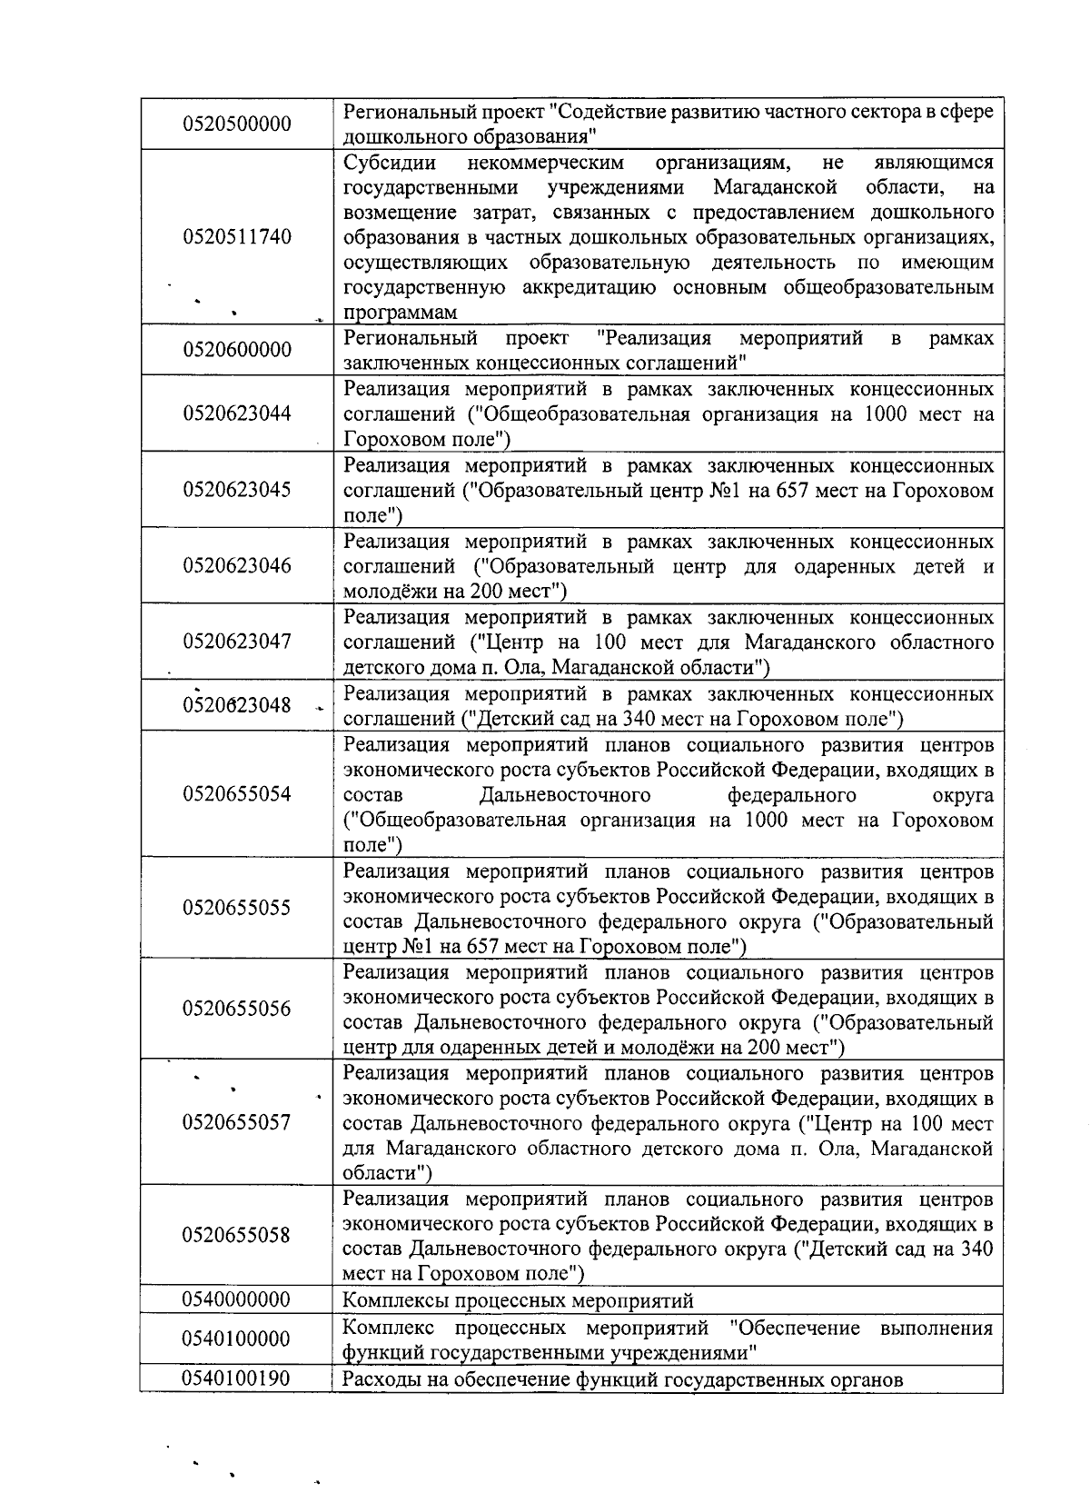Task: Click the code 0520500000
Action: tap(237, 124)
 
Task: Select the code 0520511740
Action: tap(237, 237)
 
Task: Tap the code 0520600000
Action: tap(237, 350)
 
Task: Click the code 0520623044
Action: tap(237, 413)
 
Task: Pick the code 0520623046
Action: tap(237, 566)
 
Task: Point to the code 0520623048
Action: tap(237, 705)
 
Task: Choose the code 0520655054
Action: tap(237, 794)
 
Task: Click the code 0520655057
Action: tap(237, 1122)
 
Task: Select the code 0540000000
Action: tap(237, 1300)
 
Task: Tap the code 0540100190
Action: tap(237, 1379)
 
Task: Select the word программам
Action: tap(400, 313)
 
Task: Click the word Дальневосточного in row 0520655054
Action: tap(565, 795)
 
